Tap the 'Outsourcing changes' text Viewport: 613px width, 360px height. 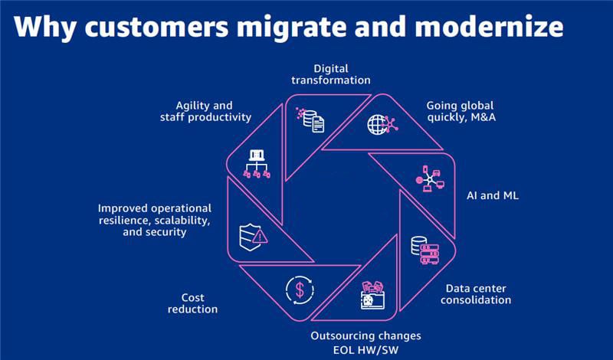point(366,335)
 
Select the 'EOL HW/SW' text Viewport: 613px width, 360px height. point(366,350)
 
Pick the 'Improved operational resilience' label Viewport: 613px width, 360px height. point(154,220)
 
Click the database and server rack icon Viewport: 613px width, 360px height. point(424,248)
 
